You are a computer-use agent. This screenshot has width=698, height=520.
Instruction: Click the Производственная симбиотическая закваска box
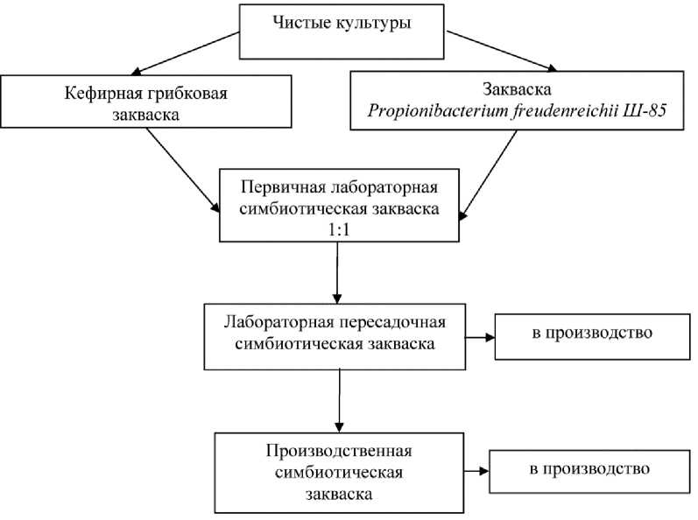point(338,472)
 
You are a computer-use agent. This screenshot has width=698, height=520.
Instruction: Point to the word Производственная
point(338,451)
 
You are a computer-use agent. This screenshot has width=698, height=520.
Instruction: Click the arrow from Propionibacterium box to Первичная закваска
point(489,175)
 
